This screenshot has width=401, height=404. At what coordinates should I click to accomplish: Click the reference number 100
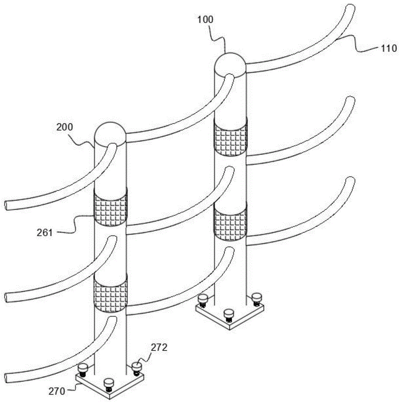[x=205, y=19]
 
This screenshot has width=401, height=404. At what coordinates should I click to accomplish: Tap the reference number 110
[x=388, y=48]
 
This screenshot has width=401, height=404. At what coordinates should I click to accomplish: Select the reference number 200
[x=65, y=127]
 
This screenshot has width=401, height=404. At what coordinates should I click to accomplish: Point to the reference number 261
[x=44, y=233]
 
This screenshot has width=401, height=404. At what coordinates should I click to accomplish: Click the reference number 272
[x=159, y=347]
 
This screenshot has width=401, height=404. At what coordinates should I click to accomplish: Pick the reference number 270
[x=57, y=391]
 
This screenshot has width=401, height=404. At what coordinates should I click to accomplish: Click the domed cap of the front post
[x=110, y=134]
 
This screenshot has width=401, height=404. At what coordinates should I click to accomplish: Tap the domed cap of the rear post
[x=230, y=65]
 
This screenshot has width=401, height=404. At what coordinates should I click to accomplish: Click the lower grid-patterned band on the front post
[x=110, y=293]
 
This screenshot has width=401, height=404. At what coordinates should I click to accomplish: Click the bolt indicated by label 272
[x=136, y=368]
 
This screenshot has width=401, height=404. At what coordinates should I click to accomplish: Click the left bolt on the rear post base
[x=203, y=301]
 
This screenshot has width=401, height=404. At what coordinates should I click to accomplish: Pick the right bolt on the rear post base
[x=257, y=299]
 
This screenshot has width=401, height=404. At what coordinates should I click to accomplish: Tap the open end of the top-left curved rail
[x=6, y=206]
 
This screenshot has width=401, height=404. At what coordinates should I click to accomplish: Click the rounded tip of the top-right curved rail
[x=350, y=7]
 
